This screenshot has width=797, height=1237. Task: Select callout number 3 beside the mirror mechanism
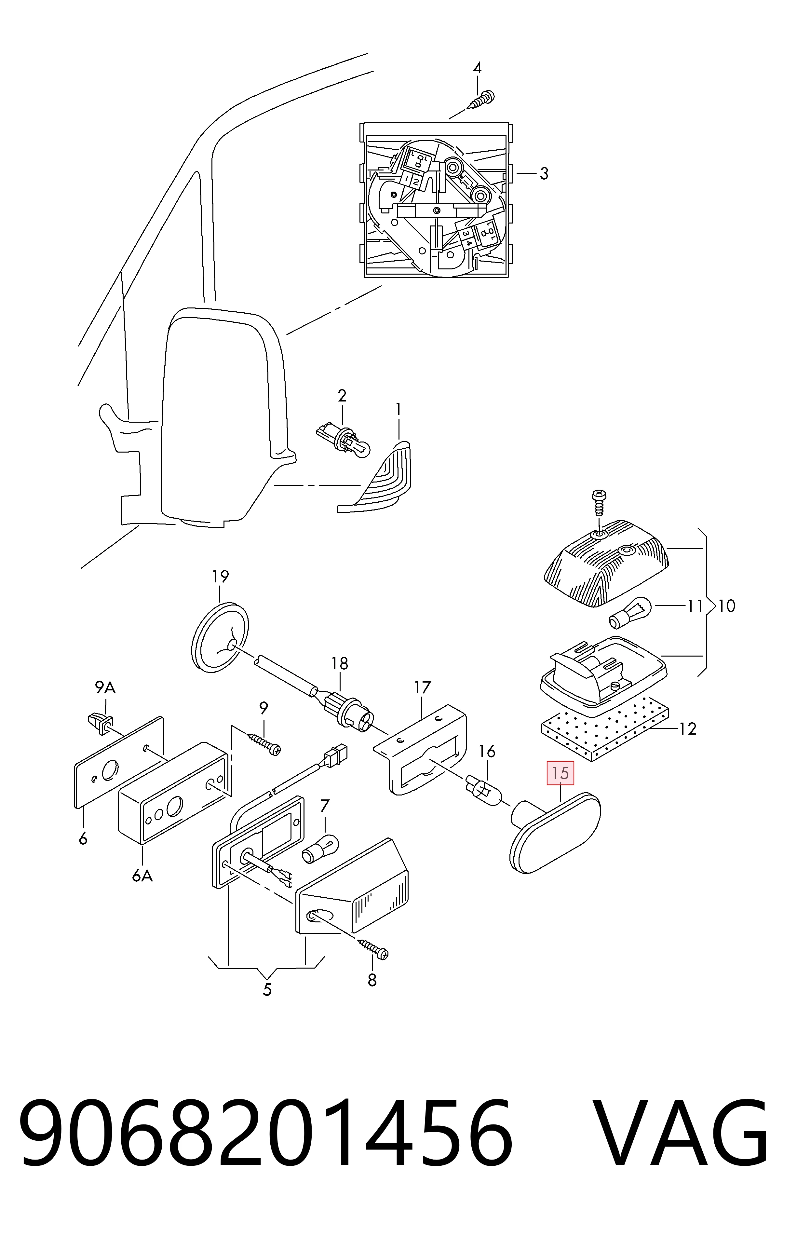click(543, 174)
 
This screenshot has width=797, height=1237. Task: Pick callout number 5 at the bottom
click(267, 990)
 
